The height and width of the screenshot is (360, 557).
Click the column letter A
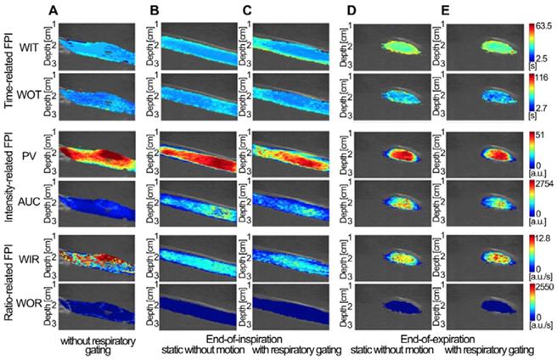click(77, 10)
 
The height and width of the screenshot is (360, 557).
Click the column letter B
click(155, 10)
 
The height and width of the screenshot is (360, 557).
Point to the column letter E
click(444, 10)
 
